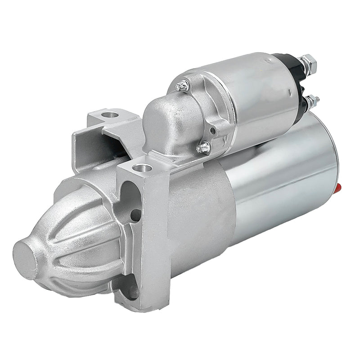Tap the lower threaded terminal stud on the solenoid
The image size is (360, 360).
point(312,100)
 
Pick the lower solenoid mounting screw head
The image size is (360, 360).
point(203,146)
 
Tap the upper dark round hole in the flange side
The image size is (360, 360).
point(134,215)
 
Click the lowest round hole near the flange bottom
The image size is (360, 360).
point(133,291)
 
